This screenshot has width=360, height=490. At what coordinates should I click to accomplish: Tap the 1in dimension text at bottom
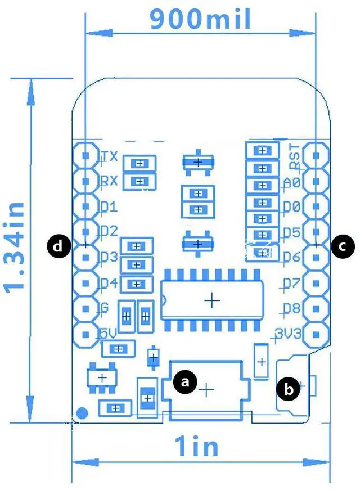[196, 447]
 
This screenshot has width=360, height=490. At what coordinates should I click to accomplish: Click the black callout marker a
[186, 383]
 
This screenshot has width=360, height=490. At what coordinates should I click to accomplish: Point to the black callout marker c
[343, 246]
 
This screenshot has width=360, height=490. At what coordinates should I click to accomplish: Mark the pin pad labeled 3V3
[317, 335]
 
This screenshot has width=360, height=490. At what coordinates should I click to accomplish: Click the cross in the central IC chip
[212, 301]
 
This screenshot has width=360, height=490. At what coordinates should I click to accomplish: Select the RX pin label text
[109, 181]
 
